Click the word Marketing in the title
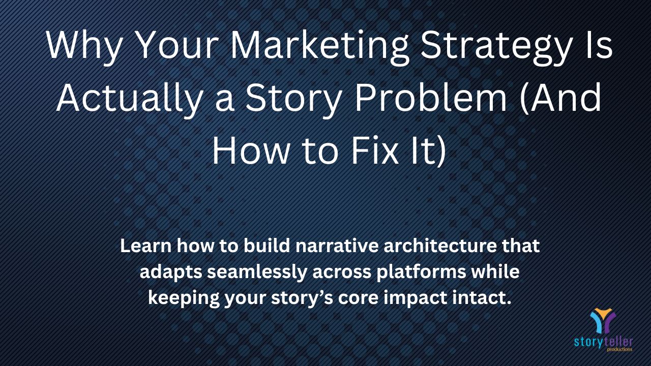pos(319,47)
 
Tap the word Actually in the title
pos(130,99)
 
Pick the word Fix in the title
pos(375,151)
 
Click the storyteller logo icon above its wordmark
pos(603,320)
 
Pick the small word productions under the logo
pos(619,349)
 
